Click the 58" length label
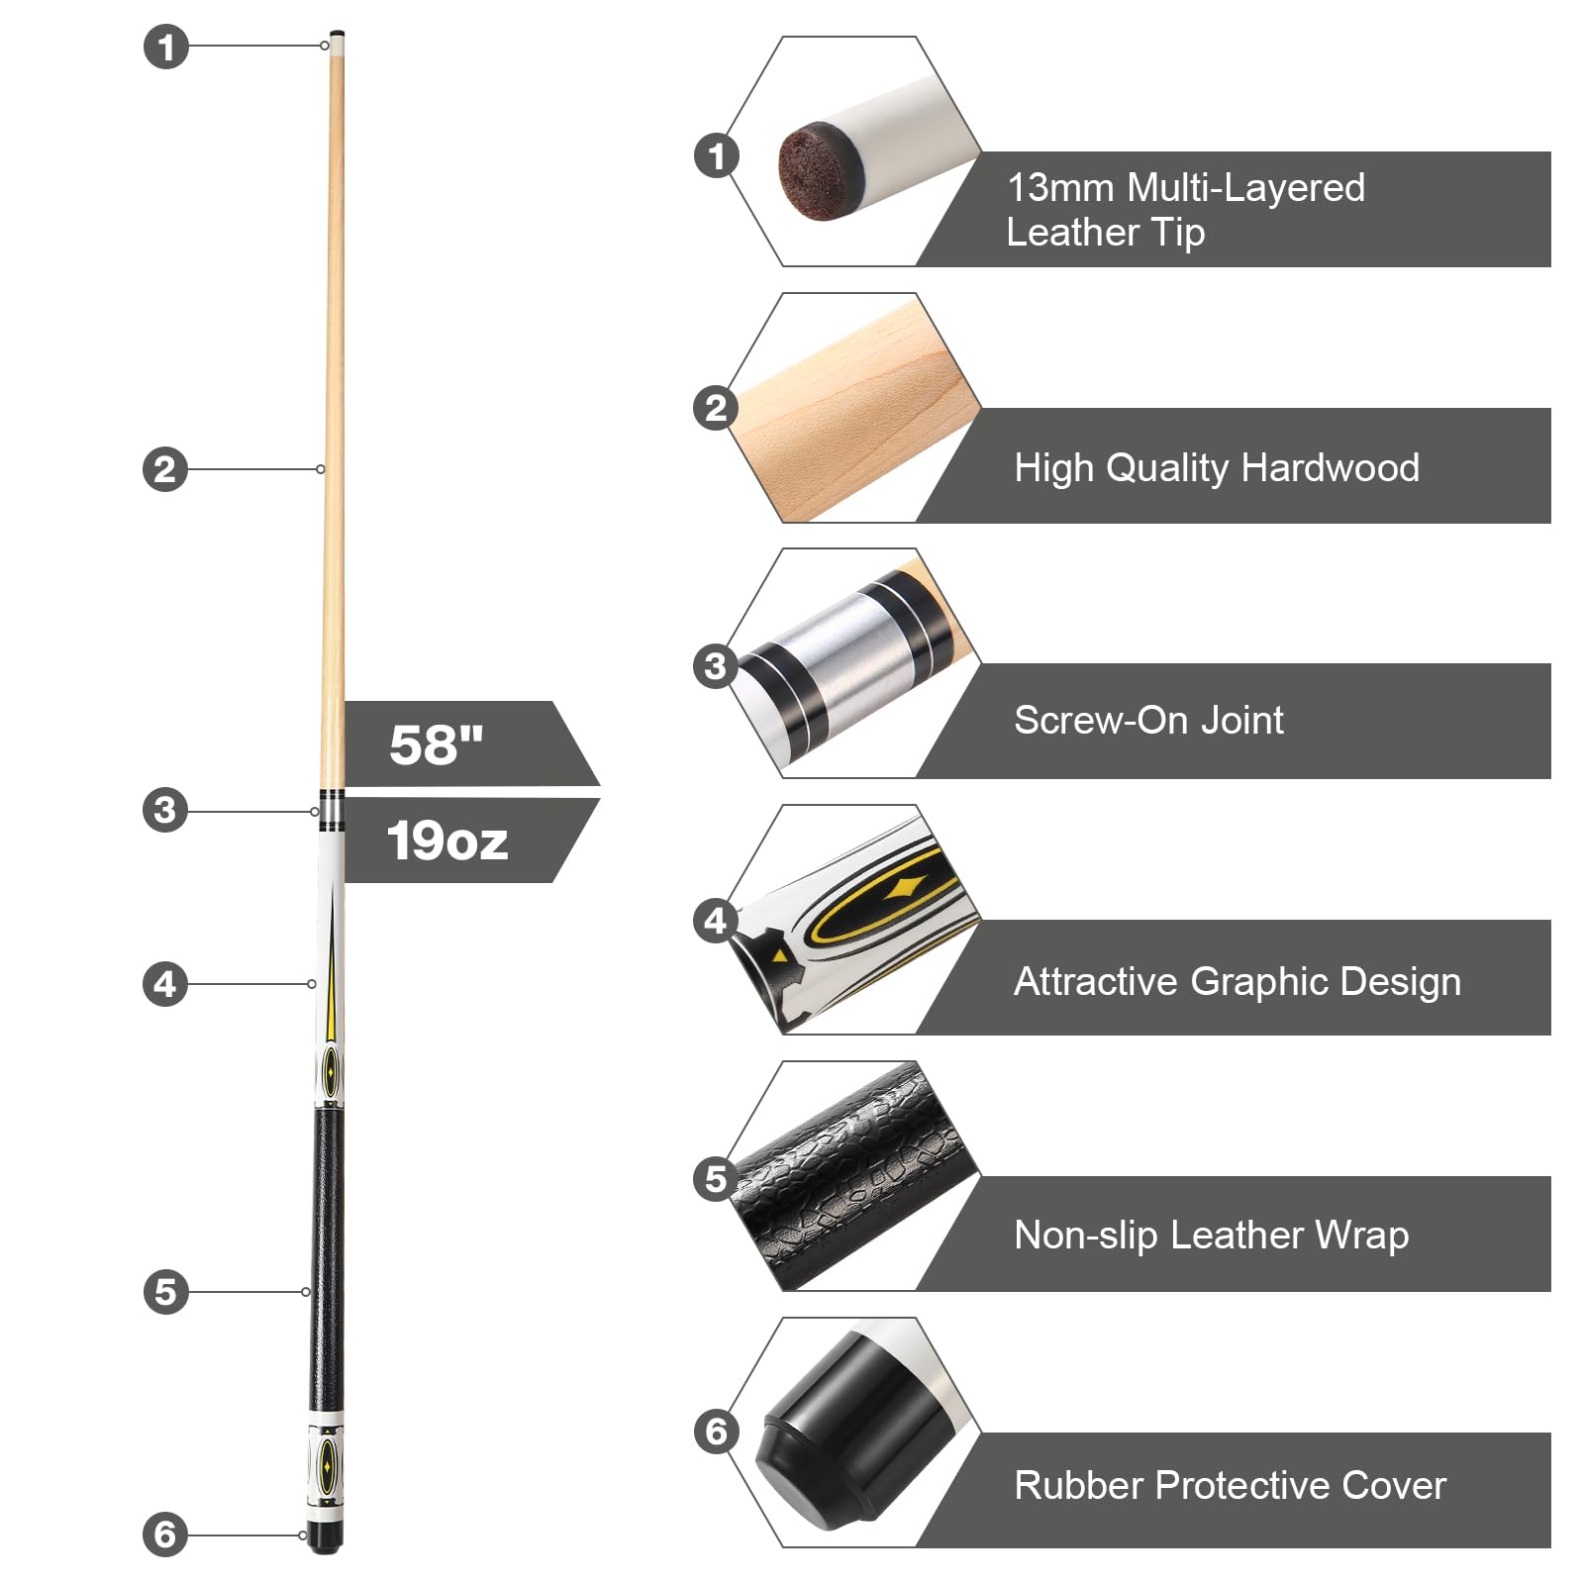[x=437, y=744]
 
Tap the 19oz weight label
[x=447, y=841]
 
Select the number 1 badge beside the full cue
[x=166, y=47]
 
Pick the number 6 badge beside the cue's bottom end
[x=165, y=1534]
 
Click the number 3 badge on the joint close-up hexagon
[x=716, y=666]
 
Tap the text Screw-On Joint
[x=1148, y=720]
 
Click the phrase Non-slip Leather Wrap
[x=1212, y=1235]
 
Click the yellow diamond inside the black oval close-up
[x=905, y=887]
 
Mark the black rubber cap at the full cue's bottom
[x=324, y=1535]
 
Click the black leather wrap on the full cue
[x=327, y=1257]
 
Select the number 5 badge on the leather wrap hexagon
[x=716, y=1179]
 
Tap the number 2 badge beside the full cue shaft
[x=165, y=469]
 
